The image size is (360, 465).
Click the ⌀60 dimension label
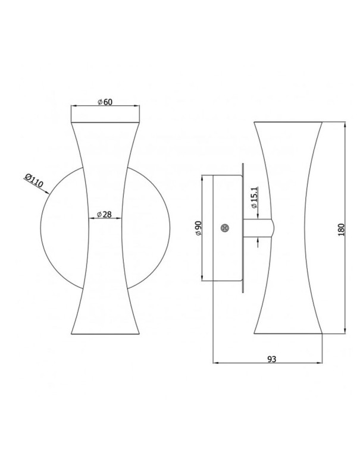[x=105, y=102]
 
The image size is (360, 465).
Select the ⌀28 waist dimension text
[x=104, y=214]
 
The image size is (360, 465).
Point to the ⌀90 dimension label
[x=198, y=228]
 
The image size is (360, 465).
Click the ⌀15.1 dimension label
[x=253, y=198]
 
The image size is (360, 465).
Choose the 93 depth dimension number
[x=271, y=359]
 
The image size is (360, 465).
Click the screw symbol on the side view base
[x=226, y=228]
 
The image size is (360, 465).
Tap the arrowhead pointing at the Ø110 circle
[x=46, y=192]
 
